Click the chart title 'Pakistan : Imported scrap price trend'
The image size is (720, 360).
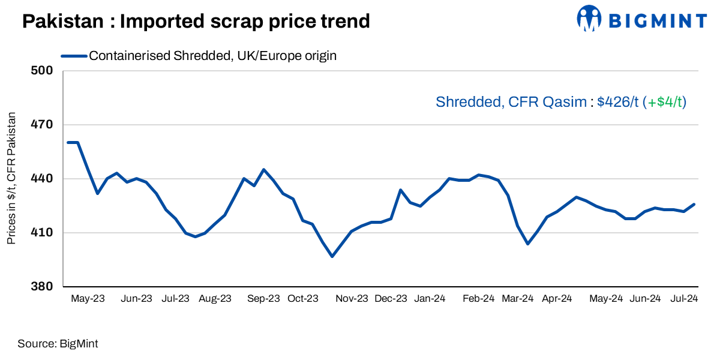[196, 22]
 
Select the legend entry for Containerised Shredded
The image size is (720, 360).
[212, 56]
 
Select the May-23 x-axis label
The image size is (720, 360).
[88, 298]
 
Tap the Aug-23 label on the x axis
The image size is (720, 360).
[215, 298]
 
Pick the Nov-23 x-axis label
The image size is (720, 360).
[352, 298]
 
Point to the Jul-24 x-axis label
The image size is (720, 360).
[683, 298]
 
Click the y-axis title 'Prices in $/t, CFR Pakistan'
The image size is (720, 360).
[11, 179]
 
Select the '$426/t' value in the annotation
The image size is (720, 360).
[618, 102]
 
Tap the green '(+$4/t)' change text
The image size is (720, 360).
[664, 102]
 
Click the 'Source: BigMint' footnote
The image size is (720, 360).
[58, 344]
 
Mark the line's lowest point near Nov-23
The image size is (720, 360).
[332, 256]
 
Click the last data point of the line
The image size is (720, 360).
[694, 204]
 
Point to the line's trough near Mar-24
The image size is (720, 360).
[527, 244]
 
